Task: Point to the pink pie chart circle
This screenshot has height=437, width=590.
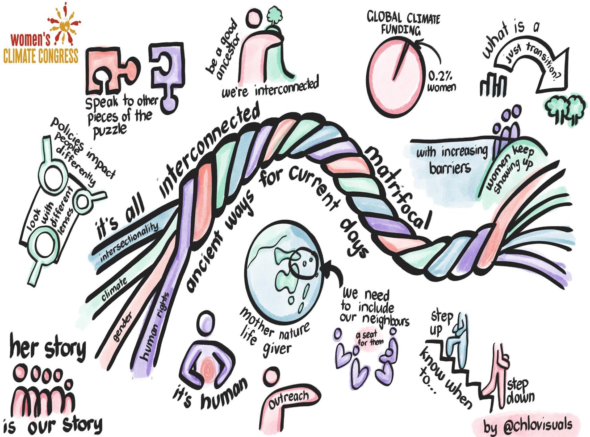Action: tap(395, 77)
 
